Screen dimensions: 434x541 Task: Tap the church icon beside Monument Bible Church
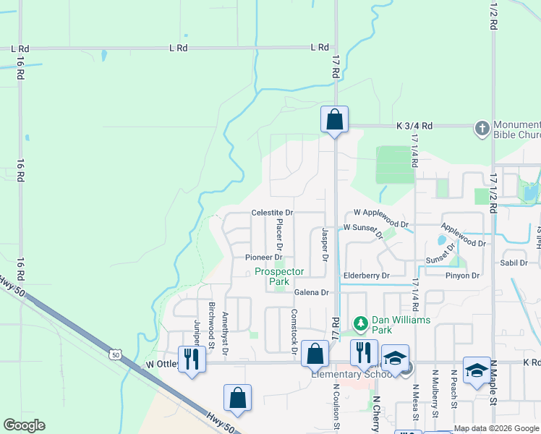pyautogui.click(x=482, y=129)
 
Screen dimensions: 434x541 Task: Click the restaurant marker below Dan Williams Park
pyautogui.click(x=363, y=353)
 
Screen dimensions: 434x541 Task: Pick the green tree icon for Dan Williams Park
pyautogui.click(x=359, y=323)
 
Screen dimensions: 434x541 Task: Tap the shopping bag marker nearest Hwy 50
pyautogui.click(x=237, y=399)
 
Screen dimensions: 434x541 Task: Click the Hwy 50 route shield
pyautogui.click(x=116, y=354)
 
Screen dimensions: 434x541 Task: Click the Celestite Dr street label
pyautogui.click(x=272, y=213)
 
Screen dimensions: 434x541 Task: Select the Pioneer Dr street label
pyautogui.click(x=263, y=258)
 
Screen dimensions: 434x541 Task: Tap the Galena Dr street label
pyautogui.click(x=312, y=292)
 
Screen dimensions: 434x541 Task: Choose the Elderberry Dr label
pyautogui.click(x=366, y=276)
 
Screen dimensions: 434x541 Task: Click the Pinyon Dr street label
pyautogui.click(x=463, y=276)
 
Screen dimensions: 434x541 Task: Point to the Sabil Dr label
pyautogui.click(x=514, y=263)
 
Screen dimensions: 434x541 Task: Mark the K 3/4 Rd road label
pyautogui.click(x=414, y=126)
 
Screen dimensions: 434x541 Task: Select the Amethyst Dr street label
pyautogui.click(x=226, y=333)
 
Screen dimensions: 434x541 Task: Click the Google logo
pyautogui.click(x=25, y=425)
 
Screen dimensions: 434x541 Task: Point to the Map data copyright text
pyautogui.click(x=496, y=428)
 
